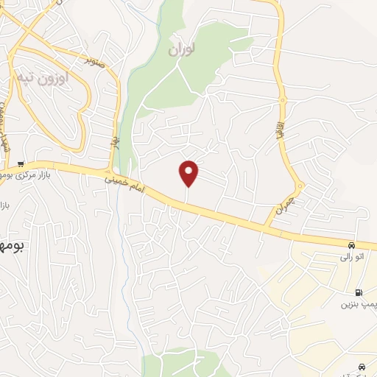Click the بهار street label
[x=116, y=140]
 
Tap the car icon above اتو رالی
[x=352, y=245]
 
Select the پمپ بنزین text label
[x=359, y=304]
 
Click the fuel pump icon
[x=359, y=291]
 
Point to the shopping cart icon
[x=21, y=163]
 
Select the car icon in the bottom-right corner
[x=361, y=367]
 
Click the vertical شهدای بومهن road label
[x=6, y=129]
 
